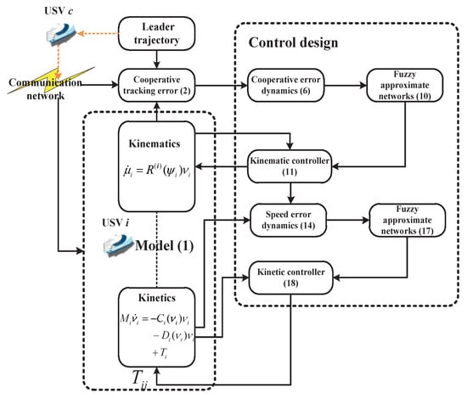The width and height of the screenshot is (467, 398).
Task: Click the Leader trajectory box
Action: [x=157, y=33]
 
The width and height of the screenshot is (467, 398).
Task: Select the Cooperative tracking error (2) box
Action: [x=157, y=85]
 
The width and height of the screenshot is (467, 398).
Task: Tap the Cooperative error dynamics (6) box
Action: [x=285, y=85]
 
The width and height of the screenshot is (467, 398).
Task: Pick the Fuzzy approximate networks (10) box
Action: [x=405, y=85]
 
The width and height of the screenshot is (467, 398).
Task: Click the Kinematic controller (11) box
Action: [x=290, y=166]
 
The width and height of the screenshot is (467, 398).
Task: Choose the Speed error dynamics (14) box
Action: [x=289, y=220]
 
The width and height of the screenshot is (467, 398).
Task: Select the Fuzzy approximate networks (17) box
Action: [x=408, y=220]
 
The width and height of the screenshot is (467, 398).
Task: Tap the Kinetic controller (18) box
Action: [x=290, y=277]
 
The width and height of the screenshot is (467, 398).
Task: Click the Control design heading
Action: [x=294, y=42]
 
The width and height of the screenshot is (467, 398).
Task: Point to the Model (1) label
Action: [x=165, y=246]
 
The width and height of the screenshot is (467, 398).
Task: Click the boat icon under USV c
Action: [x=61, y=34]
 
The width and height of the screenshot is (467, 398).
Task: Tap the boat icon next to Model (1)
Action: [x=118, y=245]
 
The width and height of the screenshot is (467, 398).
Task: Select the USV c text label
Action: [x=59, y=11]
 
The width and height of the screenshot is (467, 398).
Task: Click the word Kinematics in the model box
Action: [x=155, y=143]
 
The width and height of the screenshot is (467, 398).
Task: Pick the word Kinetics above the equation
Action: [x=157, y=298]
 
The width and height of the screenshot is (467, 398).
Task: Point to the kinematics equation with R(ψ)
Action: [x=157, y=171]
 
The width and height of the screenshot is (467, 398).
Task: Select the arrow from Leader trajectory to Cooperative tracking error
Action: [x=157, y=59]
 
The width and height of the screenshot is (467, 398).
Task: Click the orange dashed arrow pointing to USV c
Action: [x=98, y=33]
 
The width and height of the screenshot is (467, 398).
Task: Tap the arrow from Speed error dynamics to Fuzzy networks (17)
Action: [x=348, y=221]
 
